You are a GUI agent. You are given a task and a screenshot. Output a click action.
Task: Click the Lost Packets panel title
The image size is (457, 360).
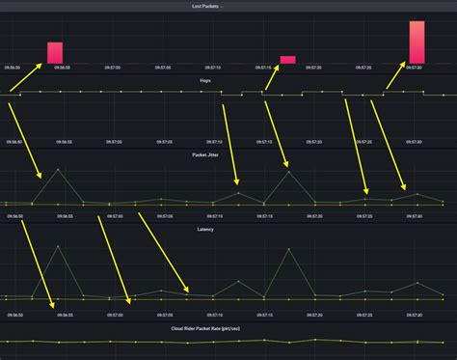click(228, 6)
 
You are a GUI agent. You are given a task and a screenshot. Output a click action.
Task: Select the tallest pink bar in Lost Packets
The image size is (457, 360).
click(417, 42)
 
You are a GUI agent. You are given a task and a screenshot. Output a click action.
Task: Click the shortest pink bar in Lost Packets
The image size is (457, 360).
click(287, 59)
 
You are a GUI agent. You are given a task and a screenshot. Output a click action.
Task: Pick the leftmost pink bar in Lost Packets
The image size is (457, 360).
click(55, 52)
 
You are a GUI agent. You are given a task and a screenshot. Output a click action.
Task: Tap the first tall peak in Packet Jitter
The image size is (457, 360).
click(58, 171)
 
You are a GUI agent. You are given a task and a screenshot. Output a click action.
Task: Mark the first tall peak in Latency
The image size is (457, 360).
click(58, 246)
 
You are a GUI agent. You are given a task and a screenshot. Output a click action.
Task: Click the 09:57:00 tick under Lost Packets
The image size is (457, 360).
click(112, 68)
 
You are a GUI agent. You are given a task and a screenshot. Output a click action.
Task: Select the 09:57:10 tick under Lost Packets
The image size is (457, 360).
click(213, 68)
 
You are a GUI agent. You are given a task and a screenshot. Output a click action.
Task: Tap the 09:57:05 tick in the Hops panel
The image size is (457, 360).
click(163, 142)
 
